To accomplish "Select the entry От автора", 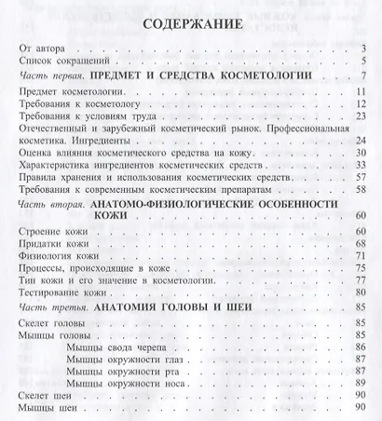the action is coord(43,48).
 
